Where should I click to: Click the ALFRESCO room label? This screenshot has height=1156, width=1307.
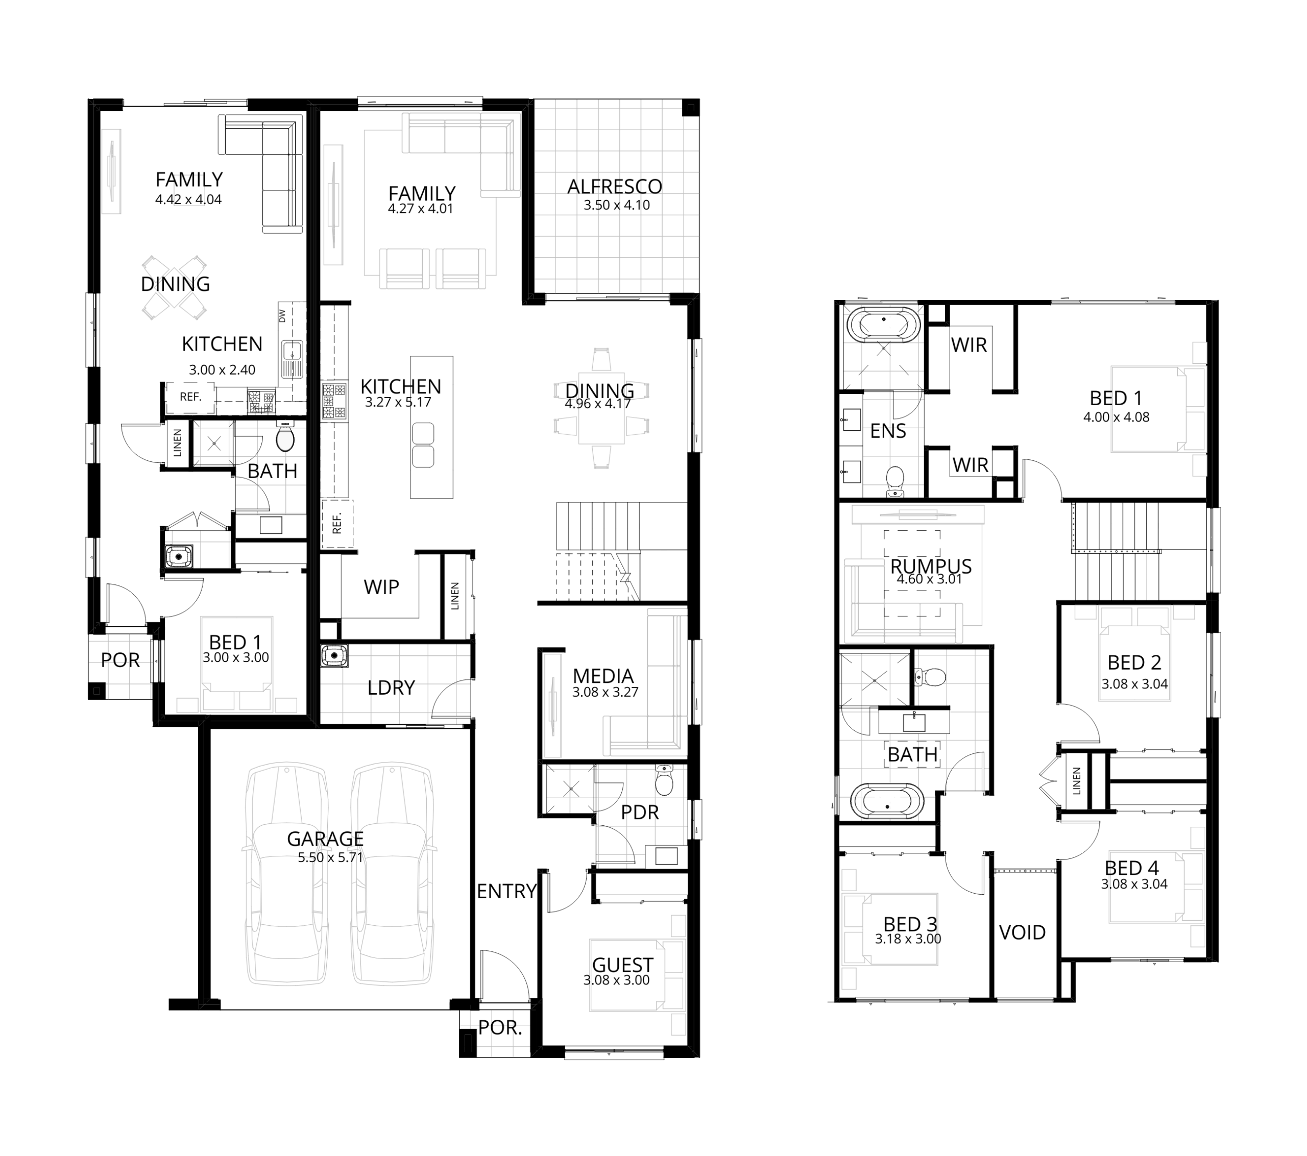click(615, 187)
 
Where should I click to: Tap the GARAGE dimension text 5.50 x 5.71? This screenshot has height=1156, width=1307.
click(330, 857)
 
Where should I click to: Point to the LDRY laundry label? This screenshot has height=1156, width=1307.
click(391, 687)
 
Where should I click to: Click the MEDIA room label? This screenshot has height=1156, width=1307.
click(603, 676)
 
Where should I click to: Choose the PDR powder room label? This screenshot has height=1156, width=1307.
click(639, 812)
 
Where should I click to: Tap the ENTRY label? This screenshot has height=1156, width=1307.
click(506, 891)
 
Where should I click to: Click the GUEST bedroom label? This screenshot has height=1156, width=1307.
click(622, 965)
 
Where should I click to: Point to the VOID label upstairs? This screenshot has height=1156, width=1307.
click(1023, 932)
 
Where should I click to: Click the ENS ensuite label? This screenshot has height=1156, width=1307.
click(888, 431)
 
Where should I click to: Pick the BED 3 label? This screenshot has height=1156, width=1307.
click(910, 924)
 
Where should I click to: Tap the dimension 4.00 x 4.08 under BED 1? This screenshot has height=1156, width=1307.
click(1116, 417)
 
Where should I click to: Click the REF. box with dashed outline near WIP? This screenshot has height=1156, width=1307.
click(337, 524)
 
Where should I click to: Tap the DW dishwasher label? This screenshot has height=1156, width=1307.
click(282, 316)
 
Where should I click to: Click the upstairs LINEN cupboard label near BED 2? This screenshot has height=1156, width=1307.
click(1076, 781)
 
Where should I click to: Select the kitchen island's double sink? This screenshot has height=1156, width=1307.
click(423, 445)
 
